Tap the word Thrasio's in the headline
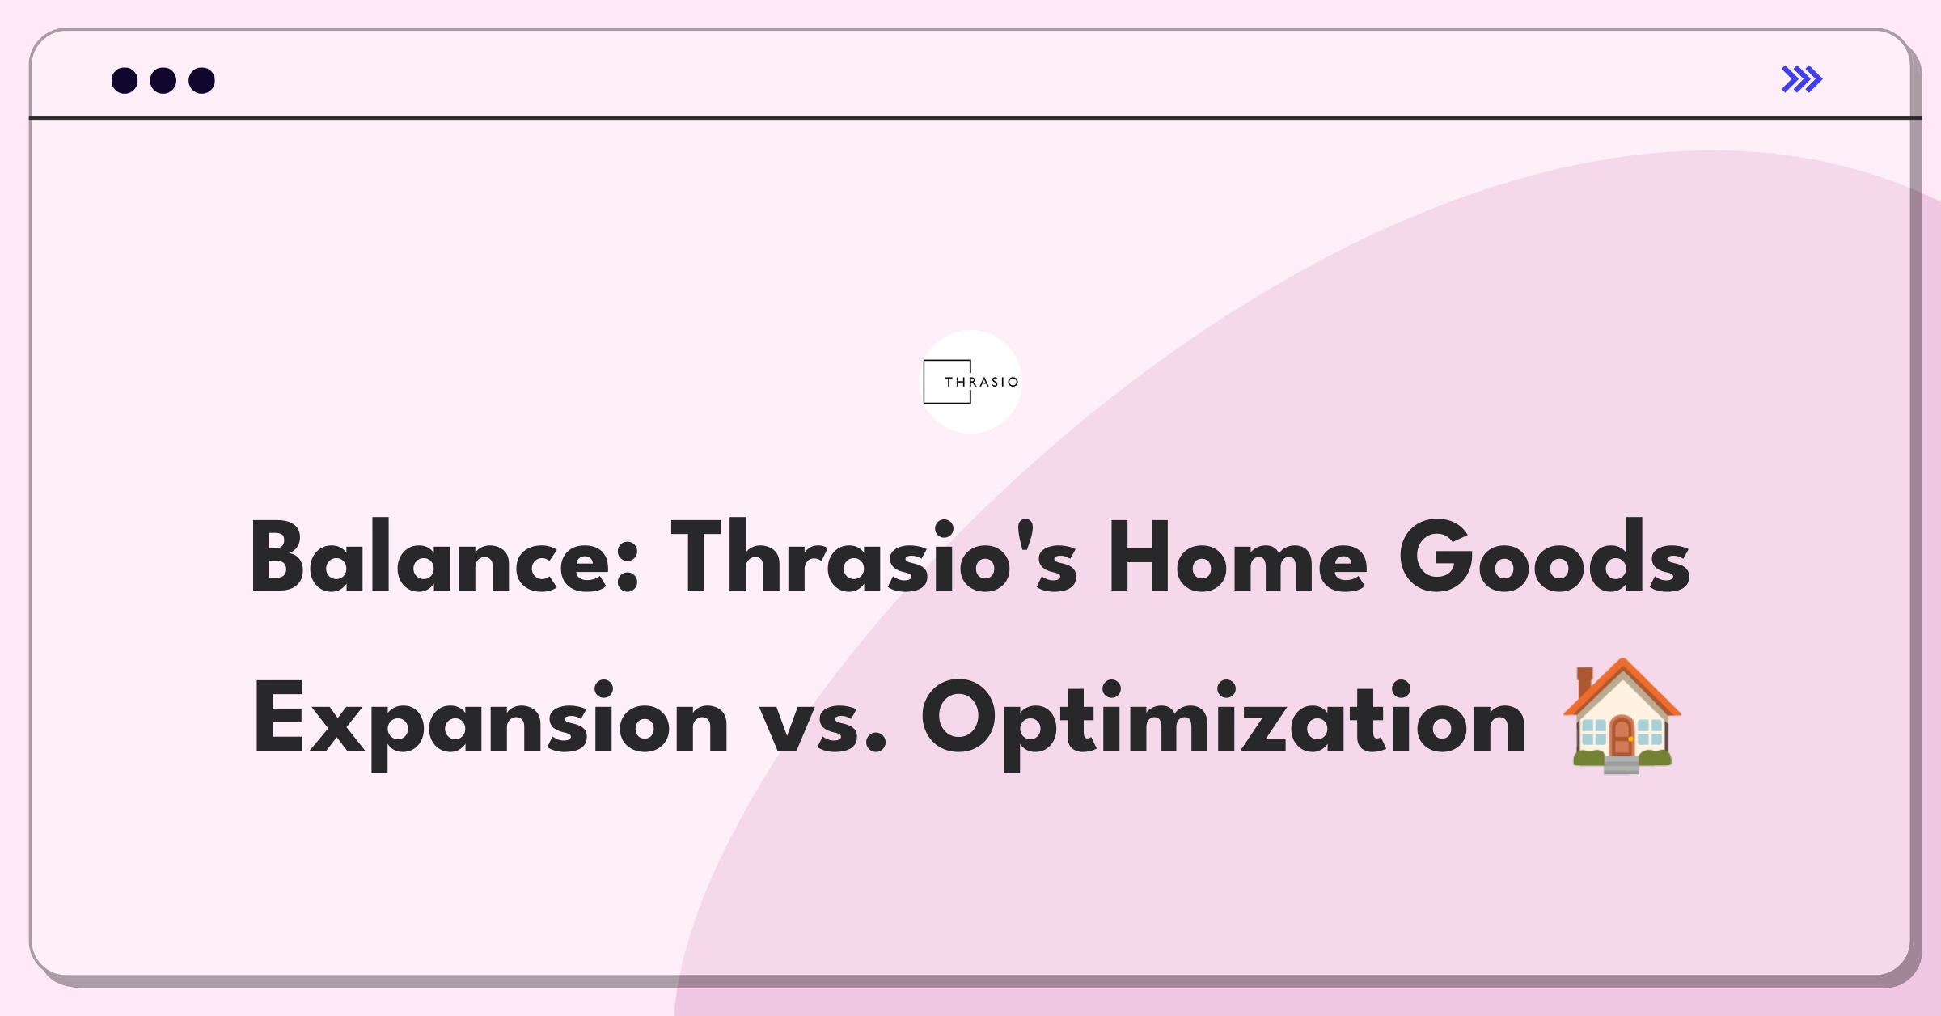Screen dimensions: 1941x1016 pyautogui.click(x=874, y=557)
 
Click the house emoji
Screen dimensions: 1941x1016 pyautogui.click(x=1622, y=716)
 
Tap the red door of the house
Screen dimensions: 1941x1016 pyautogui.click(x=1622, y=736)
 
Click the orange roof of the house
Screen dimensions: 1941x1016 pyautogui.click(x=1622, y=688)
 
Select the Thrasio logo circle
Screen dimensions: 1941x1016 pyautogui.click(x=970, y=382)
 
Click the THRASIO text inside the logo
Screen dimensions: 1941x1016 pyautogui.click(x=981, y=382)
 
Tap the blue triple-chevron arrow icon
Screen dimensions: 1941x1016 pyautogui.click(x=1802, y=79)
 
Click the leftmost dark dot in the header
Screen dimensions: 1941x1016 pyautogui.click(x=125, y=80)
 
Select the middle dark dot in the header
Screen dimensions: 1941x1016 pyautogui.click(x=163, y=80)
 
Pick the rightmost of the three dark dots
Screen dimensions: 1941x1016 pyautogui.click(x=202, y=80)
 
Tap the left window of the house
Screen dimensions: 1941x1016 pyautogui.click(x=1593, y=733)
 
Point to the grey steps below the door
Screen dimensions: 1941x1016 pyautogui.click(x=1622, y=765)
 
